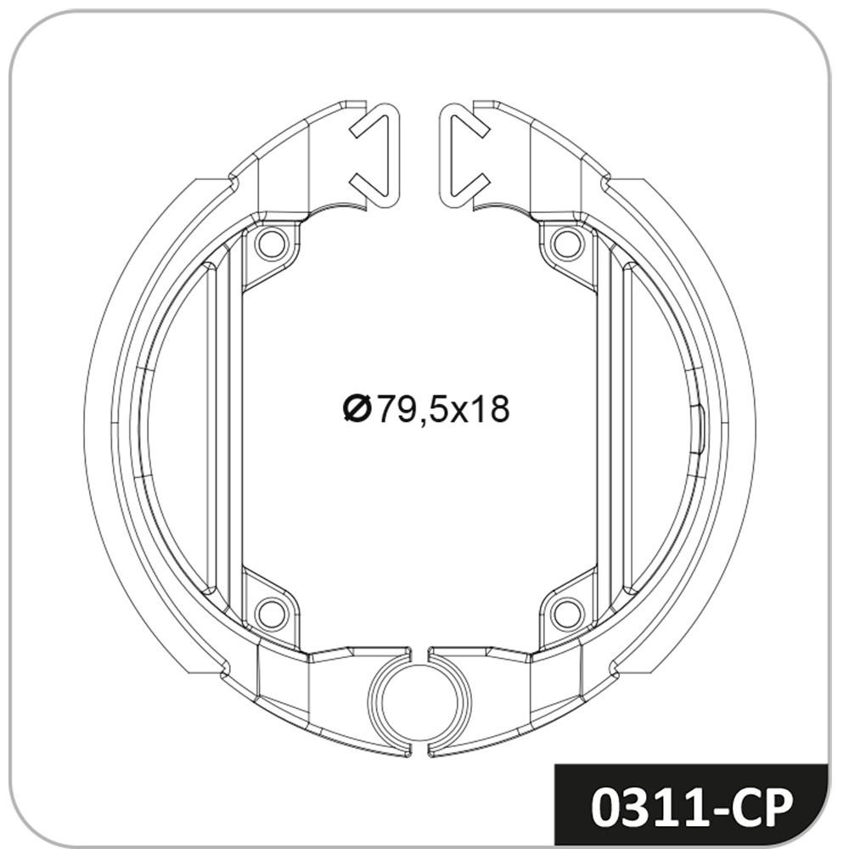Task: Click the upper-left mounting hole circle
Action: pos(271,244)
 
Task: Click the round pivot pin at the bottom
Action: pos(420,702)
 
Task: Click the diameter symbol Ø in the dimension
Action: pos(357,409)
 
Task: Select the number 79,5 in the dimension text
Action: pos(413,410)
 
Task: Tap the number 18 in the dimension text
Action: pos(491,409)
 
